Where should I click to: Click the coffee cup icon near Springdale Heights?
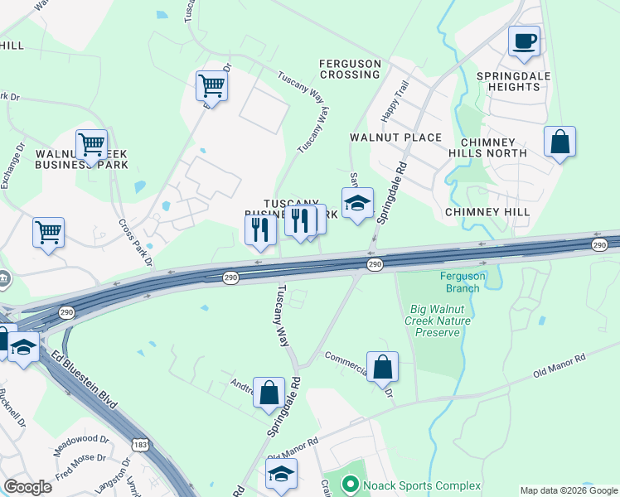(524, 41)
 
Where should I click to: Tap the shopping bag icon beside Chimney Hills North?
(560, 142)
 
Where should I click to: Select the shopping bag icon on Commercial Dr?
(382, 367)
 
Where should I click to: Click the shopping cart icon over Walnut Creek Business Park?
(91, 146)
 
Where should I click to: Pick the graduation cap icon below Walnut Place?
(357, 203)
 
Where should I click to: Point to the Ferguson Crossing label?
(351, 69)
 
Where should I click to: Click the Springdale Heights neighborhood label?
(508, 80)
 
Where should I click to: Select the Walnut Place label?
(395, 137)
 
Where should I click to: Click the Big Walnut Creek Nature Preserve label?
(439, 321)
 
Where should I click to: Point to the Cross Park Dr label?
(136, 244)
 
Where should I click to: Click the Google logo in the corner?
(27, 487)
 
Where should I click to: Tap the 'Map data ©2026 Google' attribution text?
(568, 490)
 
